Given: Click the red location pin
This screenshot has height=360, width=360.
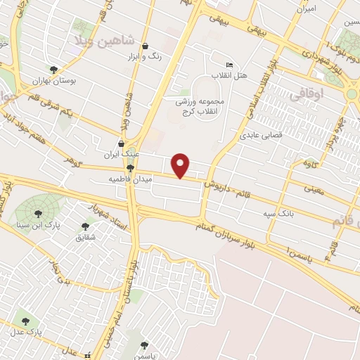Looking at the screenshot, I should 181,165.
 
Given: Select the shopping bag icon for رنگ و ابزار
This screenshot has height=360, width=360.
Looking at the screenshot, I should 144,46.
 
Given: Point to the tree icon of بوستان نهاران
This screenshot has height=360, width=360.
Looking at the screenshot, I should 53,69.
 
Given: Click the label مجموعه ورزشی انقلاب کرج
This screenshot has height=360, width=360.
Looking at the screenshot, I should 199,107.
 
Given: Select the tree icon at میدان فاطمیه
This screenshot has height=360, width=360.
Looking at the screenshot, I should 130,168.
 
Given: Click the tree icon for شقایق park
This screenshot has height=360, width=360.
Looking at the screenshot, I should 85,226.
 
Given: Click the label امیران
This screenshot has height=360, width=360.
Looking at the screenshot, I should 307,9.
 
